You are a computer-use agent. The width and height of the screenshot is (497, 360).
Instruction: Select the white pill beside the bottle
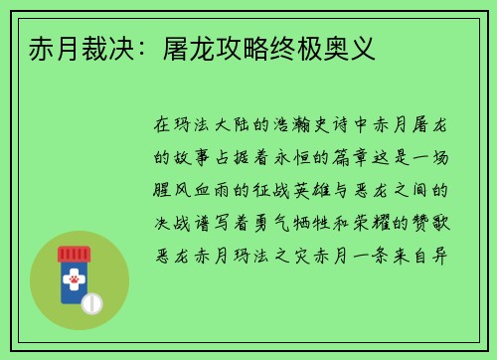click(x=91, y=302)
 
